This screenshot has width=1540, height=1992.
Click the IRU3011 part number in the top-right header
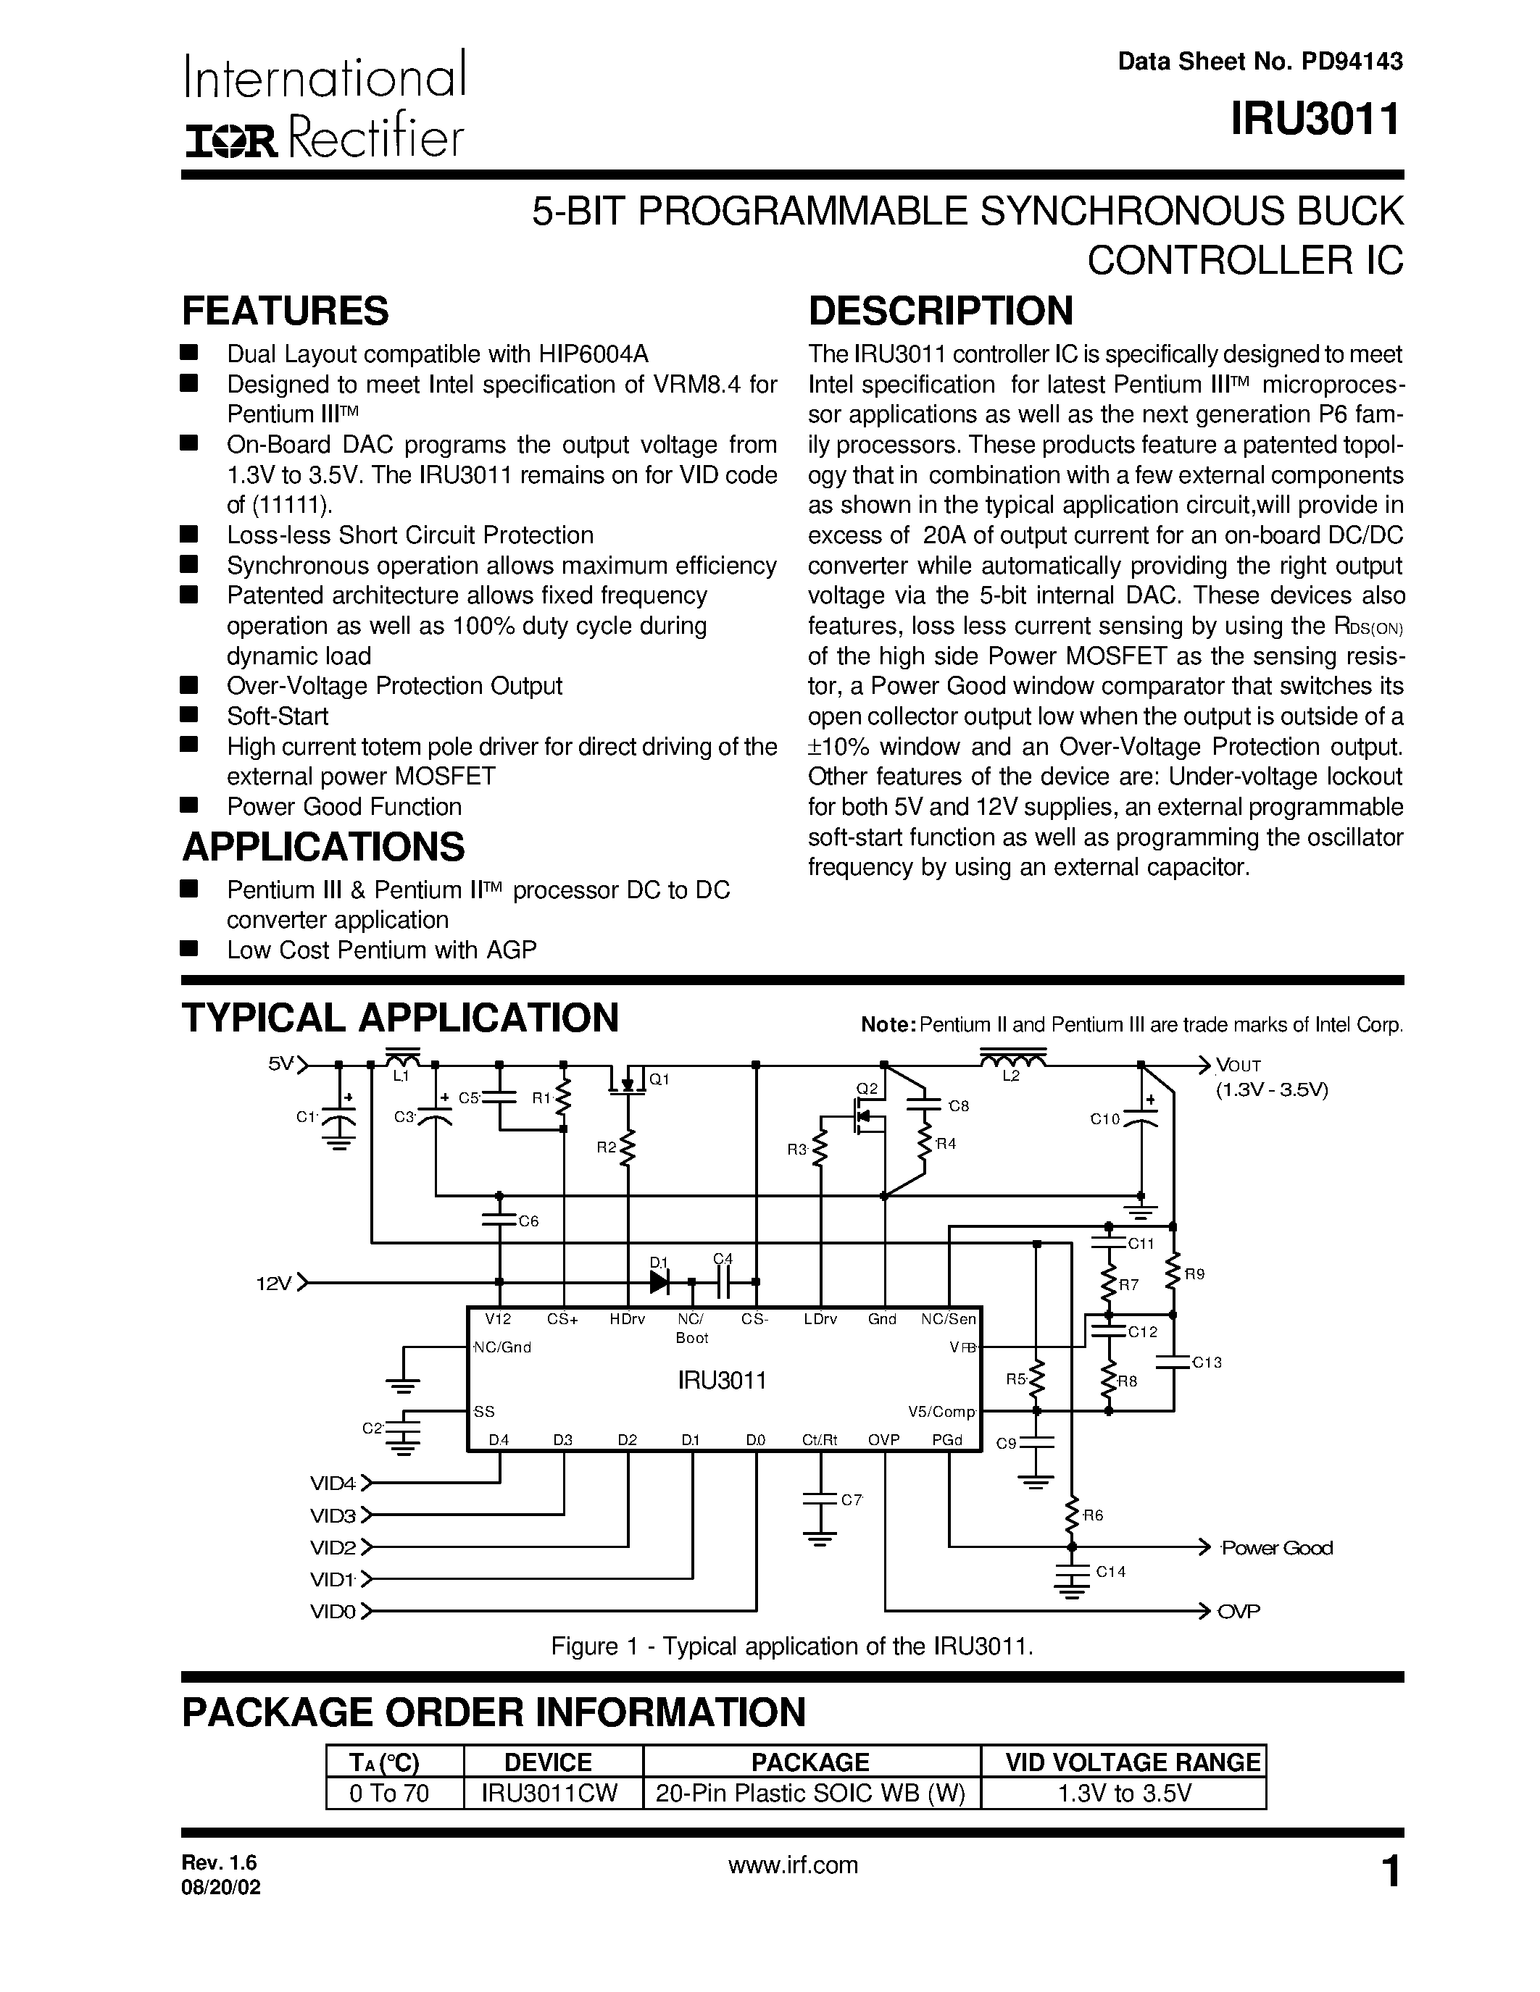1315,120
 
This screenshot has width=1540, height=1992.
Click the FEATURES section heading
286,311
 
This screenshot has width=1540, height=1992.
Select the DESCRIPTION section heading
941,311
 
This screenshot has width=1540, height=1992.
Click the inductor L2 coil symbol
1012,1060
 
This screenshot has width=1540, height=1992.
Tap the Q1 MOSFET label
659,1079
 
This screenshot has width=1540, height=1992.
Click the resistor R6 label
1093,1515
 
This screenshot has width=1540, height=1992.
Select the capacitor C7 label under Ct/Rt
850,1499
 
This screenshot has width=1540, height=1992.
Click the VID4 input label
332,1483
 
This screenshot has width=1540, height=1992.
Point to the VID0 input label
332,1612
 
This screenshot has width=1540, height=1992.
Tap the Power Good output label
1276,1548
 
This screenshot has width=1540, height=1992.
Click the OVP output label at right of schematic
1238,1612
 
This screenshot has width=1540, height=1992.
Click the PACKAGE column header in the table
810,1762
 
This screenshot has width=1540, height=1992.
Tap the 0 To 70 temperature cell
390,1794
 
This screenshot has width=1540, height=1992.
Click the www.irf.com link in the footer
793,1865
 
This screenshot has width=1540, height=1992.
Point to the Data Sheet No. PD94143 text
1260,61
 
